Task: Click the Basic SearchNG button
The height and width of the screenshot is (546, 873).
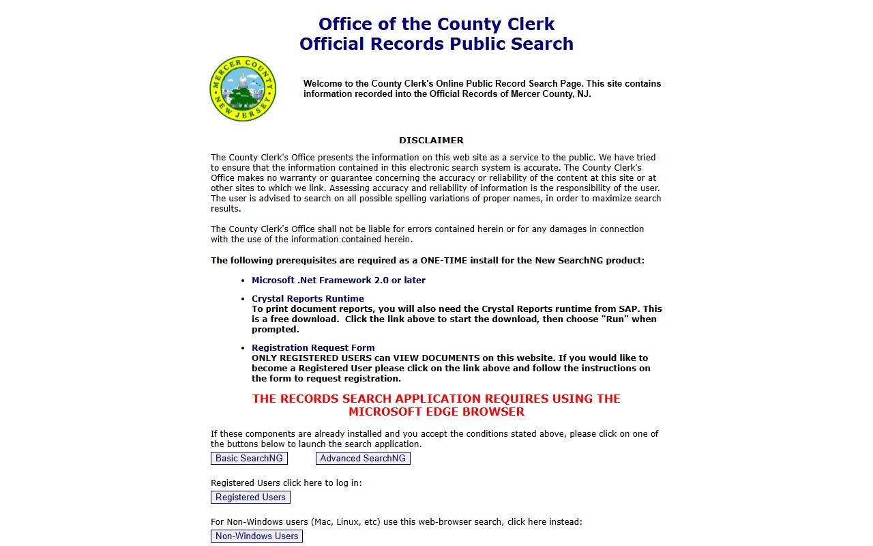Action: coord(249,459)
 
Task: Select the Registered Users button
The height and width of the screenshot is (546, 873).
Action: coord(250,498)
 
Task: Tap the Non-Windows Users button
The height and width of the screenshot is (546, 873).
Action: coord(256,536)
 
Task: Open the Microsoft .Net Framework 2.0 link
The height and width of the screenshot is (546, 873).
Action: coord(338,281)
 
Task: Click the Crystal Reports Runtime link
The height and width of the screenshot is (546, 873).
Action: coord(308,299)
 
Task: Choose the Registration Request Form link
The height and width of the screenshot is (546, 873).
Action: coord(313,348)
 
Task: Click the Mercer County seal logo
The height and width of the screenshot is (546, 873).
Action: coord(243,89)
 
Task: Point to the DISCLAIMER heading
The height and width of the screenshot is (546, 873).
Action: coord(431,141)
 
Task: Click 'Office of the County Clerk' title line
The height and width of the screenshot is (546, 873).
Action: coord(436,25)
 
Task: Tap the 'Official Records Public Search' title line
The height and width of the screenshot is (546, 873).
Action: coord(436,44)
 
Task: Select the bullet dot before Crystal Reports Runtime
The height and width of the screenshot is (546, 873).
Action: coord(243,299)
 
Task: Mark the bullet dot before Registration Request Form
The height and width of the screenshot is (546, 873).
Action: coord(243,348)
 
